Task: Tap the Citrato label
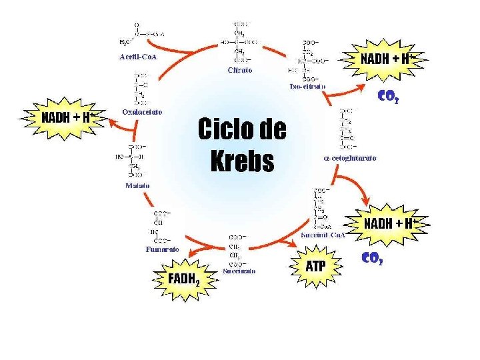[239, 69]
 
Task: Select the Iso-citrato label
[307, 87]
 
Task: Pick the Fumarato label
[162, 249]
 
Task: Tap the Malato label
[137, 185]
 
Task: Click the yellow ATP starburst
[315, 267]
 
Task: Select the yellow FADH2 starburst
[184, 279]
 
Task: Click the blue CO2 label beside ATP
[371, 257]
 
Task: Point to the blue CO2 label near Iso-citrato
[388, 96]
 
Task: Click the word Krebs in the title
[242, 160]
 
